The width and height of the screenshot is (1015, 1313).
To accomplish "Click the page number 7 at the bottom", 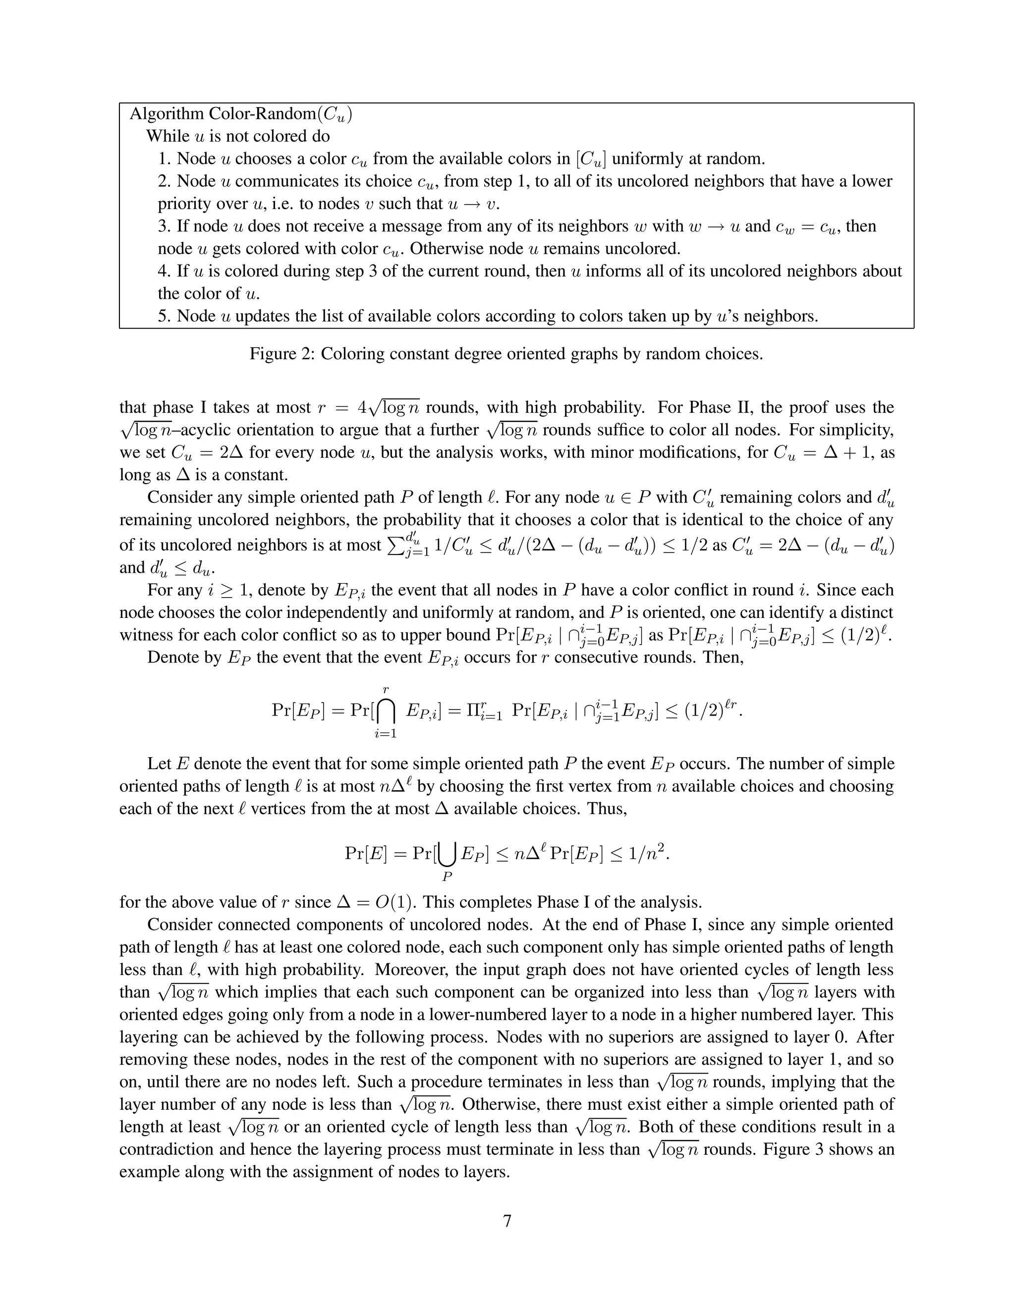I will pyautogui.click(x=507, y=1221).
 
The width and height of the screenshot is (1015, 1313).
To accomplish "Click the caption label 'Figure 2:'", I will pyautogui.click(x=282, y=353).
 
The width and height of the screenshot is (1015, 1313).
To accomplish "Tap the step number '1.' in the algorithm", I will pyautogui.click(x=165, y=159).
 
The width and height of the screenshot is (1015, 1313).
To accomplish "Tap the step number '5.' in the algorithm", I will pyautogui.click(x=165, y=316).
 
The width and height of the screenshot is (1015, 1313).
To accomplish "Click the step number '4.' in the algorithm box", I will pyautogui.click(x=165, y=271).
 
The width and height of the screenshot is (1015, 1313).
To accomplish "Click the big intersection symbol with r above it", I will pyautogui.click(x=386, y=712).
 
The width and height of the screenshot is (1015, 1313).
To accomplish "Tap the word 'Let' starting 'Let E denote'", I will pyautogui.click(x=159, y=764).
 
